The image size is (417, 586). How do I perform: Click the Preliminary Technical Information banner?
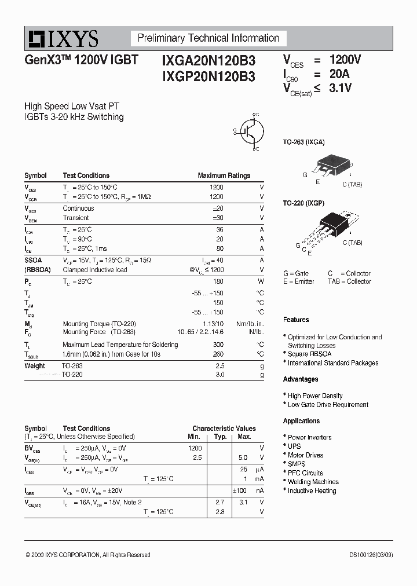[208, 38]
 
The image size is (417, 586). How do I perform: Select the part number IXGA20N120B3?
[204, 61]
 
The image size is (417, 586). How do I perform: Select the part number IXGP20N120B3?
[204, 75]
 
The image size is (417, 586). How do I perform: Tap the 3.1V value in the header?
[341, 88]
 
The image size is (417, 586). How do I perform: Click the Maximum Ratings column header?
[224, 175]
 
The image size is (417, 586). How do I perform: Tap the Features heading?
[296, 320]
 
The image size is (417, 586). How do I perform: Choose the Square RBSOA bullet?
[310, 354]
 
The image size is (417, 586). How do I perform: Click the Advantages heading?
[300, 379]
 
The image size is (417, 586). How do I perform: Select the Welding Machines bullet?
[313, 482]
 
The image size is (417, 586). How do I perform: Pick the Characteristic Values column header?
[224, 428]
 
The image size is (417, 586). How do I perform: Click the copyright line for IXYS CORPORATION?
[88, 555]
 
